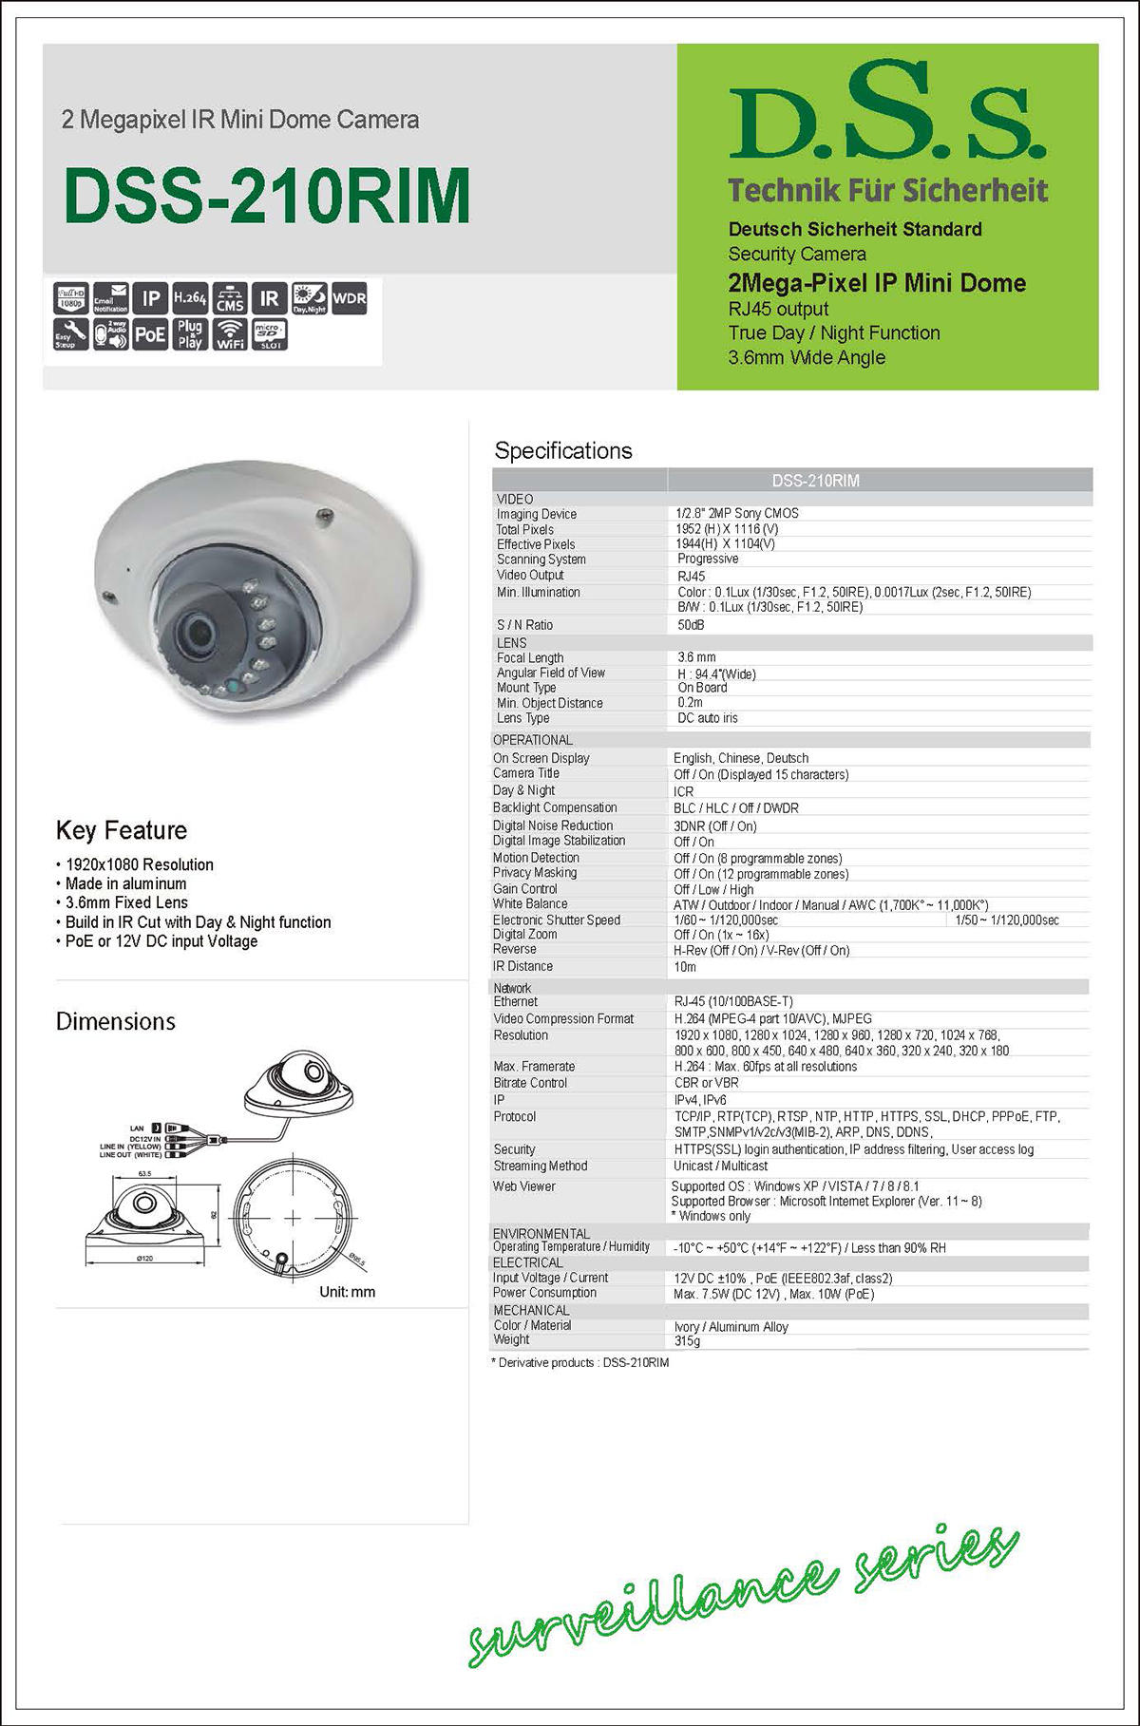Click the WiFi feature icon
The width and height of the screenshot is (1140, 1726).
point(229,334)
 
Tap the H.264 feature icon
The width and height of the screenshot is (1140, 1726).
point(190,298)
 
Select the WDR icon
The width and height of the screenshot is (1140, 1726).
point(350,298)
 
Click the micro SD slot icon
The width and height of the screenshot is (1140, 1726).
point(269,334)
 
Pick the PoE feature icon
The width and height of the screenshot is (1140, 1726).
point(149,334)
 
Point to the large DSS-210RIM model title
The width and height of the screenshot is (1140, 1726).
point(267,197)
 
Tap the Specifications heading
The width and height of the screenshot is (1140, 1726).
point(563,450)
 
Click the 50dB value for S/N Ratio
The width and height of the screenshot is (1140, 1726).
point(691,625)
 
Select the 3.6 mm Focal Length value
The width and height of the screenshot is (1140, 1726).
point(696,657)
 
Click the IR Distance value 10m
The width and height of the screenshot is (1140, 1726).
point(685,967)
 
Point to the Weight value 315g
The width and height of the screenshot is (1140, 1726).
point(687,1341)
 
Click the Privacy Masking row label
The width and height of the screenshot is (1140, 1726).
point(535,873)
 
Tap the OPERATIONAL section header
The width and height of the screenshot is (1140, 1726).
point(532,740)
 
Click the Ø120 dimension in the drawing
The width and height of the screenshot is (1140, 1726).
point(144,1258)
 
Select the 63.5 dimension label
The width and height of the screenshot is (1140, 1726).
point(144,1174)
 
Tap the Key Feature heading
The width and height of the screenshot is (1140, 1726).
point(122,830)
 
